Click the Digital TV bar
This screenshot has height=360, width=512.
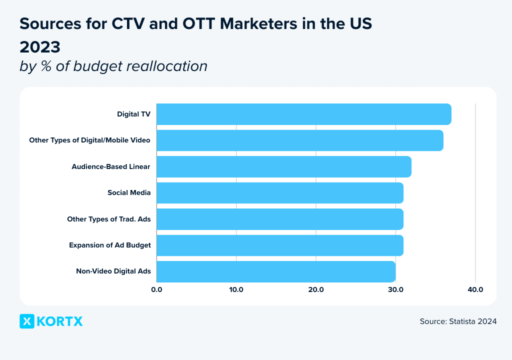click(x=304, y=114)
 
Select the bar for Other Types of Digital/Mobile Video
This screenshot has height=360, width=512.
click(x=300, y=140)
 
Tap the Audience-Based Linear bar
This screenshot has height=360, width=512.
click(x=284, y=166)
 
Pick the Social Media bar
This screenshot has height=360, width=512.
click(x=280, y=193)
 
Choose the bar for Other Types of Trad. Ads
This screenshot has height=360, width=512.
click(x=280, y=219)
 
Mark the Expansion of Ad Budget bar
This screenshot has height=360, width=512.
click(x=280, y=245)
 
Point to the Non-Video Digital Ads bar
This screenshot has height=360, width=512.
click(x=276, y=271)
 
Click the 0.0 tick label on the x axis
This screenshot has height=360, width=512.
click(x=156, y=289)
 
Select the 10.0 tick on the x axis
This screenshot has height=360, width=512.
click(x=236, y=289)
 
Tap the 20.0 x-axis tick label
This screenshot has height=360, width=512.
click(x=316, y=289)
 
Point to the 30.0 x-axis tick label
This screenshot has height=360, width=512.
click(x=395, y=289)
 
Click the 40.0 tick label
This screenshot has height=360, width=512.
click(x=475, y=289)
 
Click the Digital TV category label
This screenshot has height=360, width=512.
click(x=133, y=114)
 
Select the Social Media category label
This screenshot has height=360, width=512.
click(x=129, y=193)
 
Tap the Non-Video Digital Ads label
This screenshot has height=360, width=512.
click(x=113, y=271)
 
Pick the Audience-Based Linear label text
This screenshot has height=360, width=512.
click(x=111, y=166)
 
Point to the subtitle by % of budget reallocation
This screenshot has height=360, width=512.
click(x=113, y=66)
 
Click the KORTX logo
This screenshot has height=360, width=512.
click(x=51, y=321)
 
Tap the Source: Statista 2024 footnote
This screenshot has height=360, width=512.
click(x=458, y=321)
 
